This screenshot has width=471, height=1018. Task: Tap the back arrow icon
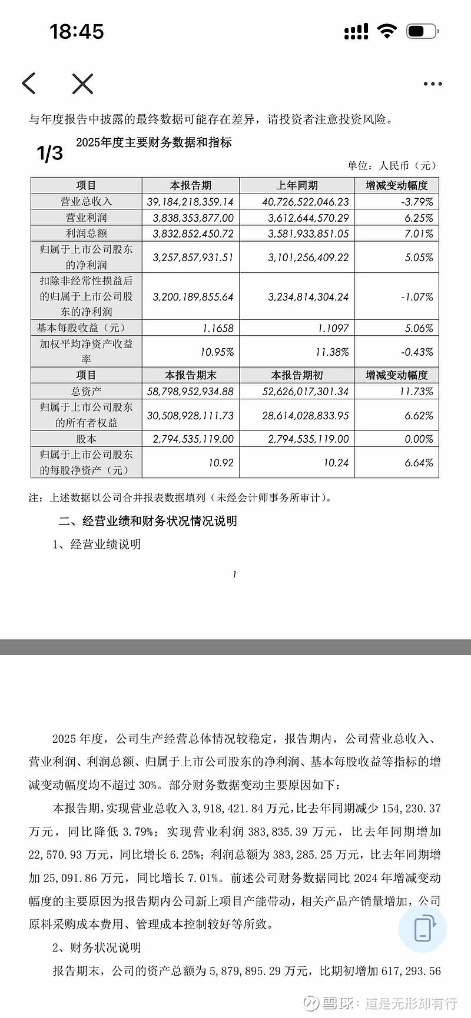(x=29, y=84)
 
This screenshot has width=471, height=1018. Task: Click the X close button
(x=82, y=84)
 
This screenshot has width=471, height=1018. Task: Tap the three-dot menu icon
(x=432, y=84)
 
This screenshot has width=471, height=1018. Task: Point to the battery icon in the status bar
(x=422, y=31)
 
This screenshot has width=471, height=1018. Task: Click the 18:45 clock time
(x=77, y=31)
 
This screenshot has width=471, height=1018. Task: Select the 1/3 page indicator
(x=49, y=153)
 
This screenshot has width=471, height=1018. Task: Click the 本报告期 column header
(x=190, y=185)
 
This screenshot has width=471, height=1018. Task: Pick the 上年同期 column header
(x=297, y=185)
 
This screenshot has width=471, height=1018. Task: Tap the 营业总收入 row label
(x=86, y=201)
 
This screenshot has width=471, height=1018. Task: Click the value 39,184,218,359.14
(x=190, y=202)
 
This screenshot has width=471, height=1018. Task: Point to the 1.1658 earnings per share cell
(x=217, y=328)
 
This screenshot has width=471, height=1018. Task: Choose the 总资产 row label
(x=86, y=391)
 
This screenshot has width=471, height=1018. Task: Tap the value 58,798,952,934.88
(x=190, y=392)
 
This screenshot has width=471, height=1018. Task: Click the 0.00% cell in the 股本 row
(x=419, y=439)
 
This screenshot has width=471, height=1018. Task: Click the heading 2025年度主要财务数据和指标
(x=154, y=142)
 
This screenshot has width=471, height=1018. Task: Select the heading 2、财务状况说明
(x=97, y=947)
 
